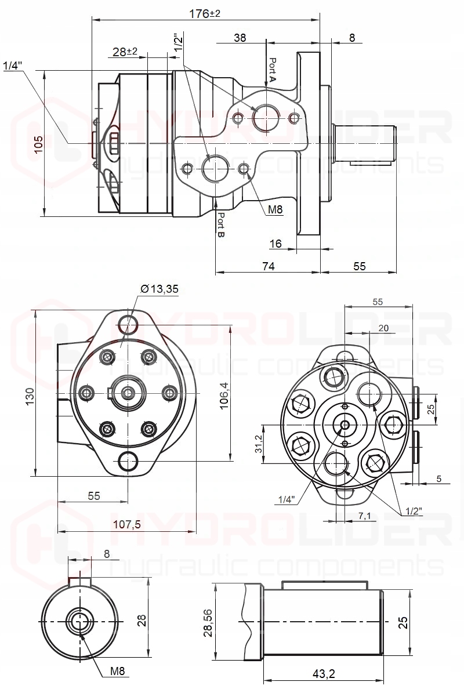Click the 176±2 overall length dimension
(x=204, y=13)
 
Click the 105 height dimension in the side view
(x=39, y=144)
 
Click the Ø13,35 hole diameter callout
(x=159, y=289)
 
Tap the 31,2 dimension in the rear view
(x=259, y=444)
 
